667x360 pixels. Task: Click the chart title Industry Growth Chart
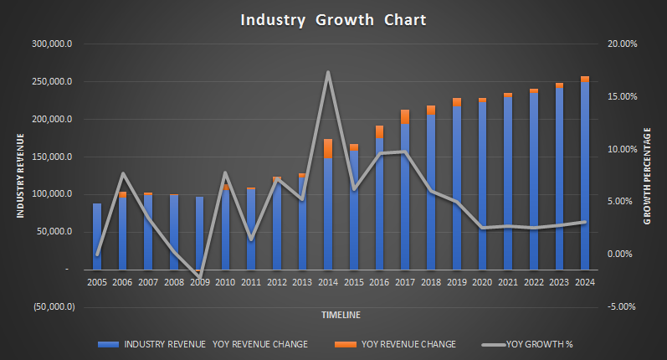[x=333, y=20]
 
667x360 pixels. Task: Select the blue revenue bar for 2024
[x=585, y=176]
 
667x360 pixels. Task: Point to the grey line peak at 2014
[x=328, y=72]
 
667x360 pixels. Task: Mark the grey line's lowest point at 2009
[x=199, y=275]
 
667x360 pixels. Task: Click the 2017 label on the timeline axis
[x=405, y=282]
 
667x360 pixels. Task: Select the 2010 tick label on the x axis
[x=225, y=282]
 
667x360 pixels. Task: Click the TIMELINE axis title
[x=341, y=316]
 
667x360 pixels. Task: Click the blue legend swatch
[x=106, y=344]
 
